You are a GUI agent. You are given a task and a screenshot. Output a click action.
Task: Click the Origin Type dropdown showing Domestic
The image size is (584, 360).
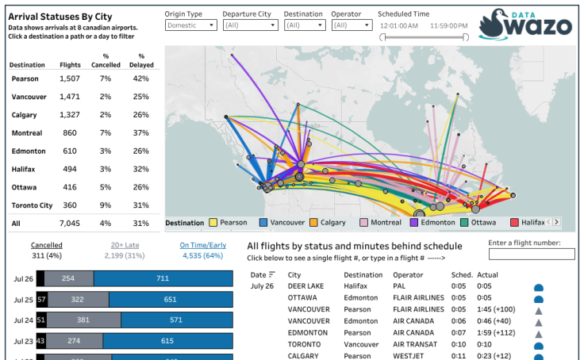(x=190, y=25)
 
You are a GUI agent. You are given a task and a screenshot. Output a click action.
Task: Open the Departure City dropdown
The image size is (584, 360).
(x=248, y=25)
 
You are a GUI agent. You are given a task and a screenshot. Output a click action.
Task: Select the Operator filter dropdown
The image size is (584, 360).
(x=351, y=25)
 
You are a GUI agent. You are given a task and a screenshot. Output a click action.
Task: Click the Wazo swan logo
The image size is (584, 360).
(x=494, y=24)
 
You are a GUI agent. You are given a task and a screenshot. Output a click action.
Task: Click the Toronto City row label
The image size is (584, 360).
(x=32, y=205)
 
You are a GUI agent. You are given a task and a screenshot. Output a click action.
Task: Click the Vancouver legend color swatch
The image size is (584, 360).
(x=263, y=223)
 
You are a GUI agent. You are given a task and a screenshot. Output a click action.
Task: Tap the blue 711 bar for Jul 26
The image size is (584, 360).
(x=163, y=279)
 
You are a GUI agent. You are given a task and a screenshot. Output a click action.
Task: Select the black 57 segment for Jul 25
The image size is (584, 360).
(x=42, y=300)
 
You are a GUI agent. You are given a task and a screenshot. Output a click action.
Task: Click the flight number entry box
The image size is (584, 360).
(x=531, y=255)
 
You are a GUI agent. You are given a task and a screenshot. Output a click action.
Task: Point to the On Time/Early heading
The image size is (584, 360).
(x=202, y=245)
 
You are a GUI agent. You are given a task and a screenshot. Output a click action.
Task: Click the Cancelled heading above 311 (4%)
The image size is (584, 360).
(x=47, y=245)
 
